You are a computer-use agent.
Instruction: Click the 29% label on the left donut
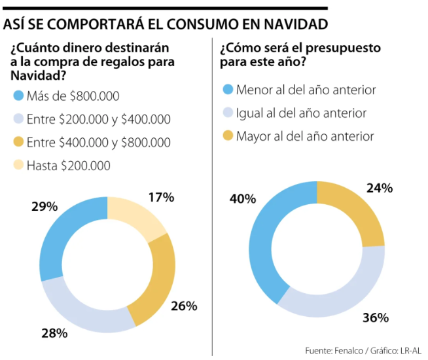coord(45,206)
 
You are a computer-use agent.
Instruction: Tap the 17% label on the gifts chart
coord(160,196)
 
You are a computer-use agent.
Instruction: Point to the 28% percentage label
coord(54,333)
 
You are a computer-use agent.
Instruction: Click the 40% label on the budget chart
coord(242,198)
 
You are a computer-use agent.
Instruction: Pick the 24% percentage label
coord(379,189)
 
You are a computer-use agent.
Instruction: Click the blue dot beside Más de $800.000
coord(18,96)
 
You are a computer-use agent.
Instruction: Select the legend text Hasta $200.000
coord(68,165)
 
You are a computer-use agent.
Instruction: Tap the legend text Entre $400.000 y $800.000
coord(98,142)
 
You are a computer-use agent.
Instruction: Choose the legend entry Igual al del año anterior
coord(301,113)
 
